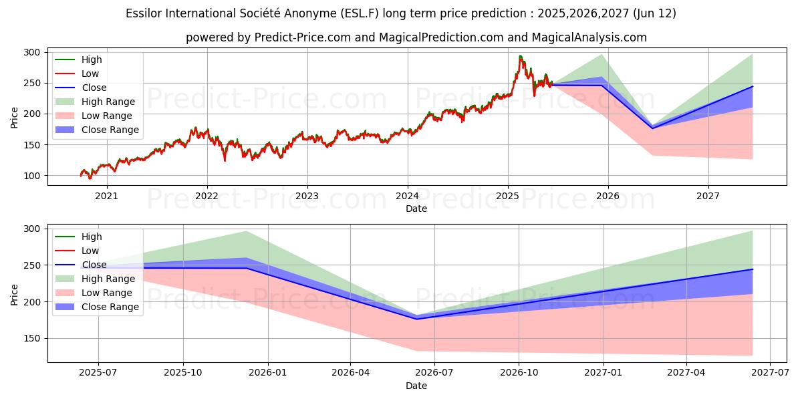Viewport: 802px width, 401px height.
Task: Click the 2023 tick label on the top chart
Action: click(307, 196)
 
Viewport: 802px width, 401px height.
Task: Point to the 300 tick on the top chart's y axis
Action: click(32, 52)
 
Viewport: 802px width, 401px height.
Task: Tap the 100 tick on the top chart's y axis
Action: click(32, 176)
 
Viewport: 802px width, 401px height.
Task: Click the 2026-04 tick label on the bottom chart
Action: click(351, 373)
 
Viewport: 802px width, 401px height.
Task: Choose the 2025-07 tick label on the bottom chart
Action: click(98, 373)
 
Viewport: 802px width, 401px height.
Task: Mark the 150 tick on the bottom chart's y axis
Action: click(32, 339)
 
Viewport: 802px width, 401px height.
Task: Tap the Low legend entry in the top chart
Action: click(90, 74)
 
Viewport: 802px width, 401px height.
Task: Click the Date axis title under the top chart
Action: click(416, 209)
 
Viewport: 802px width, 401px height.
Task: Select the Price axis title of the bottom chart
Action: click(15, 294)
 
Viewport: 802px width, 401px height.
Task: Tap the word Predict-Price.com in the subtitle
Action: click(303, 37)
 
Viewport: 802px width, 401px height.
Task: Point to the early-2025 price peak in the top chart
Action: click(520, 56)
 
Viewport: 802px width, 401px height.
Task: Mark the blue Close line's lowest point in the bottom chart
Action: click(417, 319)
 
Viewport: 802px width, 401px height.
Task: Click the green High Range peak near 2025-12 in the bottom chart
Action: click(246, 231)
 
